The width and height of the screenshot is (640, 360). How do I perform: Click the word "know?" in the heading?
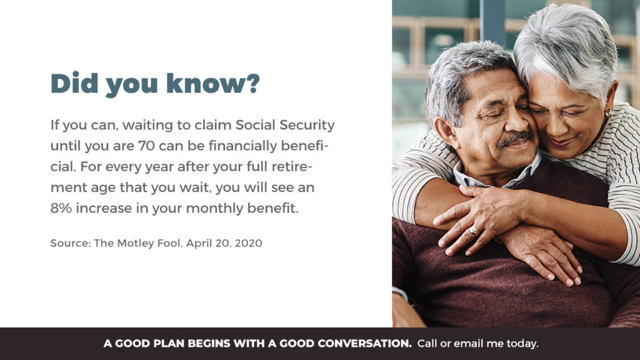click(213, 83)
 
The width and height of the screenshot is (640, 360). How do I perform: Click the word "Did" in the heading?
click(75, 83)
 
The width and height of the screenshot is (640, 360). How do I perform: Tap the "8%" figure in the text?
click(61, 208)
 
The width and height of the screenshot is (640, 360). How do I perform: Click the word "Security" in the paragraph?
click(307, 126)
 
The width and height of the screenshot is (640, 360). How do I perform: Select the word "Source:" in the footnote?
click(71, 243)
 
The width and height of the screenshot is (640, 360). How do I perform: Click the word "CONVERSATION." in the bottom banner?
click(364, 344)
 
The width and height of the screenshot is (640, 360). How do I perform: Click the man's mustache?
click(515, 138)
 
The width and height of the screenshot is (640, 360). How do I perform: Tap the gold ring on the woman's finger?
click(474, 231)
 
